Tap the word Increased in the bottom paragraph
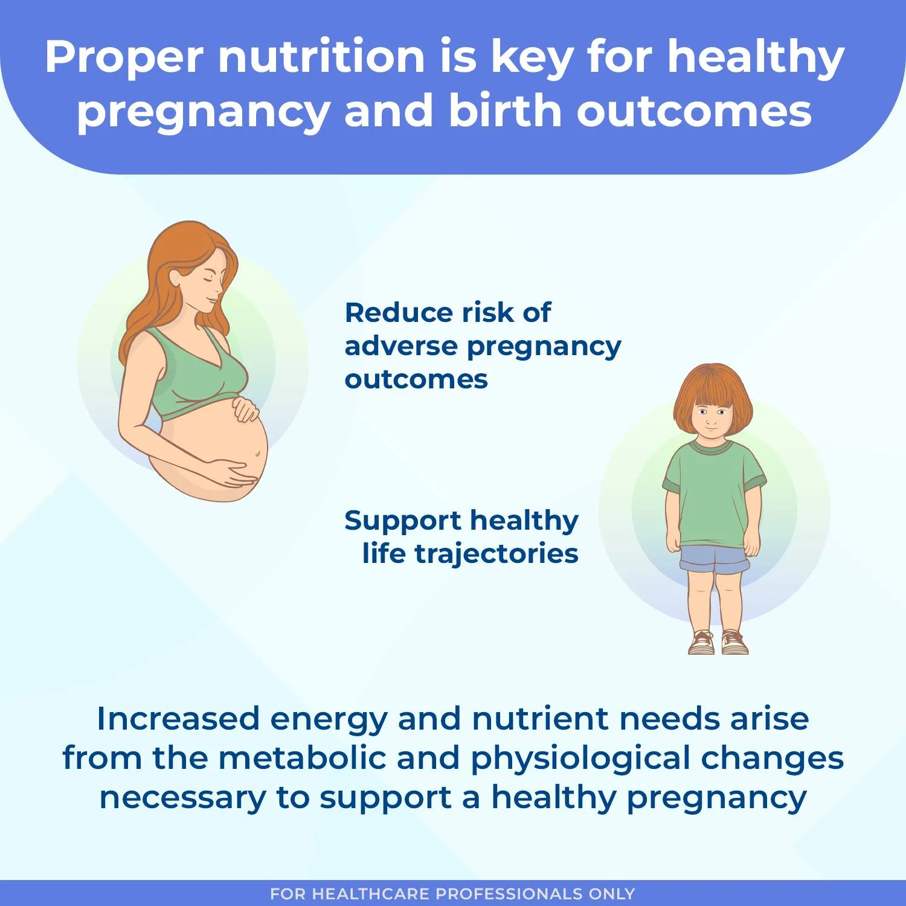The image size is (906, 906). (x=178, y=719)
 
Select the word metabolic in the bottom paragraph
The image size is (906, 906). (x=301, y=758)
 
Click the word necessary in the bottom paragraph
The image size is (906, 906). (x=182, y=798)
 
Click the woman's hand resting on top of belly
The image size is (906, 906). (x=246, y=410)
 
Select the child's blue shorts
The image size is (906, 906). (x=715, y=559)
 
